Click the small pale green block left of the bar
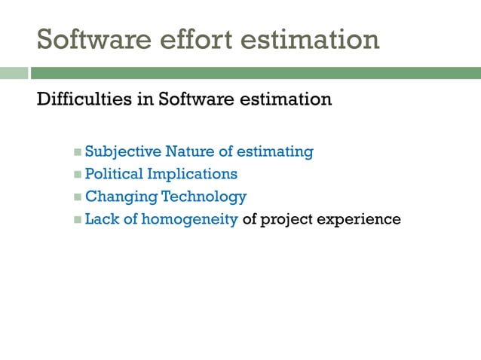coord(14,73)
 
